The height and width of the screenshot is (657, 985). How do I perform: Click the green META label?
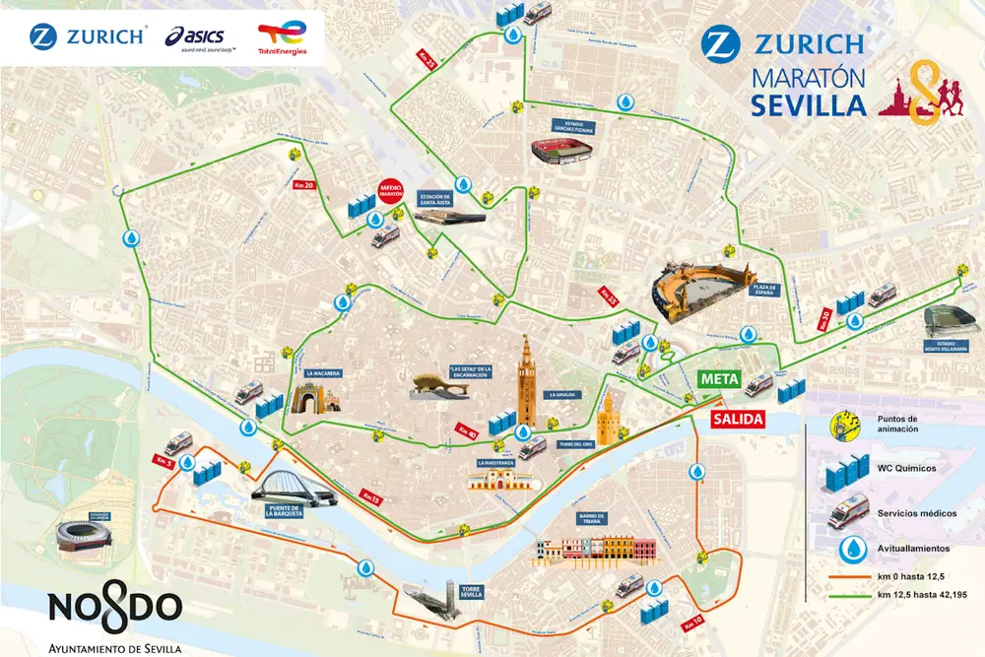pyautogui.click(x=723, y=377)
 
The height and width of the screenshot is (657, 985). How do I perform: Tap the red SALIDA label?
pyautogui.click(x=736, y=420)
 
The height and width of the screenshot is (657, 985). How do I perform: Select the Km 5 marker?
pyautogui.click(x=163, y=461)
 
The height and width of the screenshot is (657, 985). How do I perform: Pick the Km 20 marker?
pyautogui.click(x=303, y=185)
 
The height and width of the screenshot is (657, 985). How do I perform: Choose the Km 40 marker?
pyautogui.click(x=468, y=429)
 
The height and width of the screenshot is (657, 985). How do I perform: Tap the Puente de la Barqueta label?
pyautogui.click(x=283, y=512)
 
